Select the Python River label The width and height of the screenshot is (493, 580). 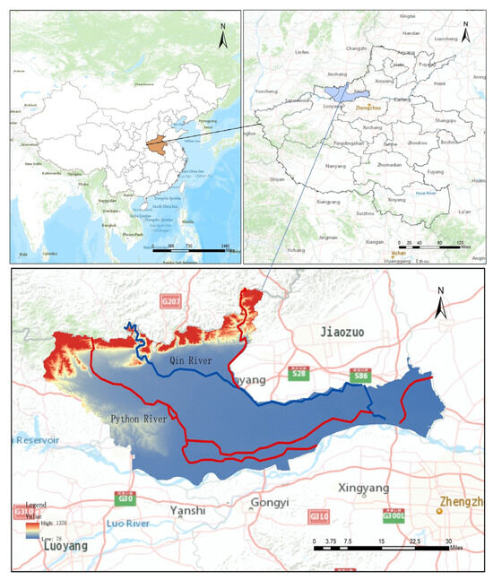tap(140, 418)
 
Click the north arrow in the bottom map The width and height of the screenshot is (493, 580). tap(439, 305)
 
